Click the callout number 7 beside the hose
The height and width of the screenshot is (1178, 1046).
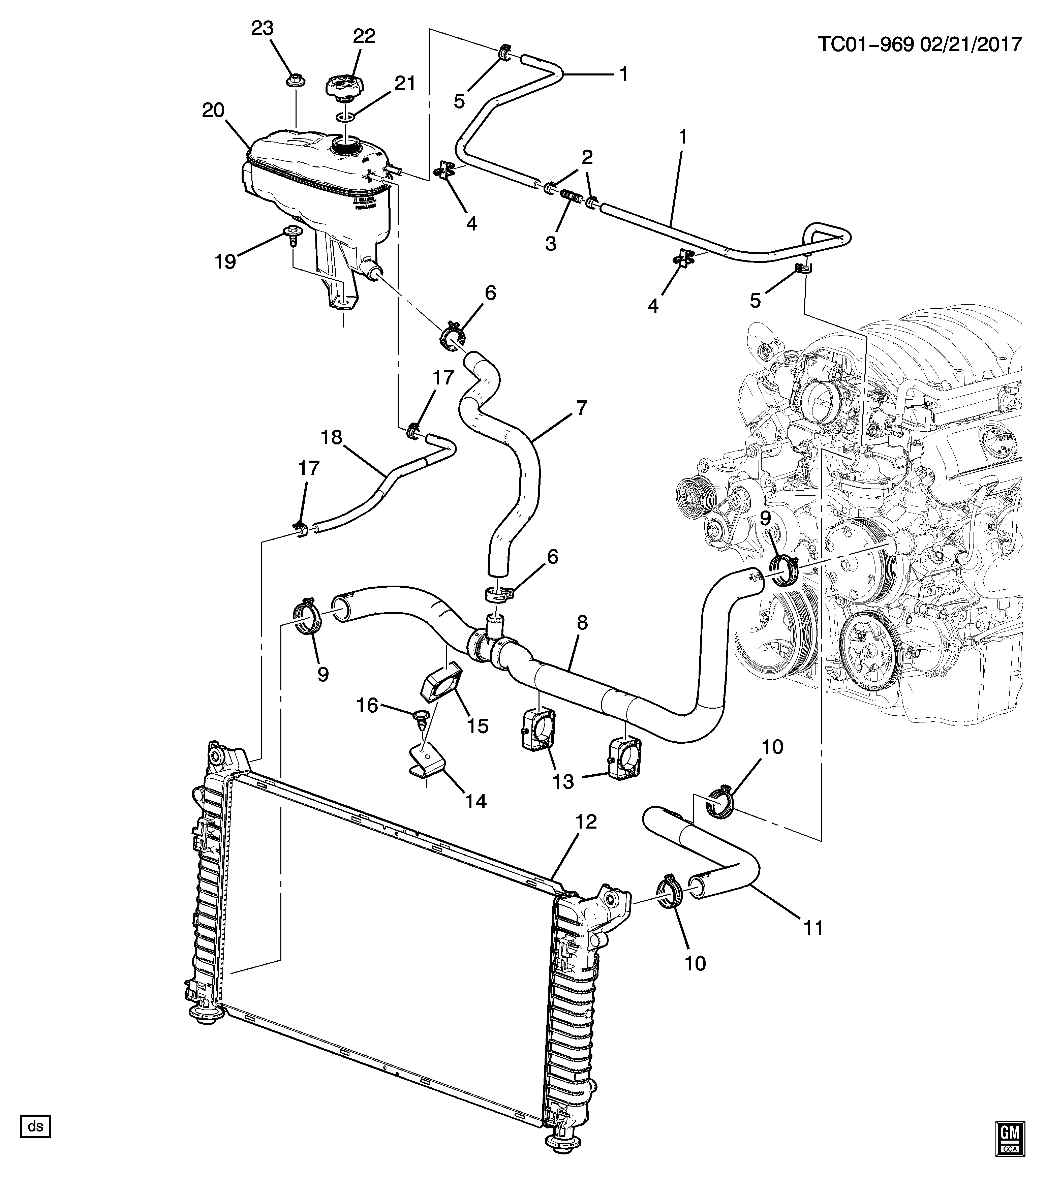[581, 408]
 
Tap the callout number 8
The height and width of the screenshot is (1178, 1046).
[582, 622]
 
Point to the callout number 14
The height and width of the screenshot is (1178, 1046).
[476, 801]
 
